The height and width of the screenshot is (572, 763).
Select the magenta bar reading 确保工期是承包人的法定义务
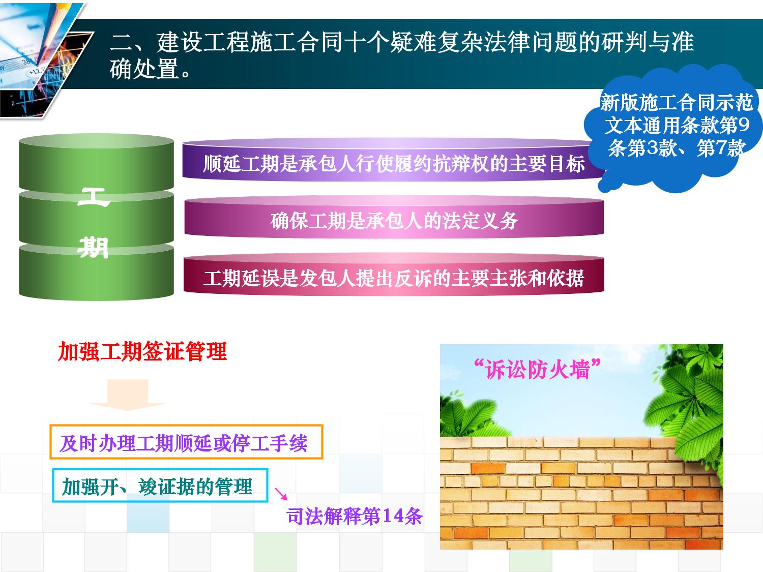pos(394,218)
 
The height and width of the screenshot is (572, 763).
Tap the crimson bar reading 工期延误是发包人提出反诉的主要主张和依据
pos(394,275)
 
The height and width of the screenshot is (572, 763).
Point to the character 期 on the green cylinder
pos(94,248)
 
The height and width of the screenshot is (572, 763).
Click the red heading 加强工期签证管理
pos(142,351)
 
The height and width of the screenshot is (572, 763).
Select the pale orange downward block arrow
pos(128,395)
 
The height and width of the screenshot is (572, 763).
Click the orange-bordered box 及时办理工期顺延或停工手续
pos(186,442)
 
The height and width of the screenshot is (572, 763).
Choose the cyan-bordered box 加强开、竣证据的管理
pos(160,486)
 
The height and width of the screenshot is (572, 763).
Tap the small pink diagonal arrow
pos(281,494)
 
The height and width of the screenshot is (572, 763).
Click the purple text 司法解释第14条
pos(355,516)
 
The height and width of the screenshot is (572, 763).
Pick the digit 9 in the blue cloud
pos(744,125)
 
